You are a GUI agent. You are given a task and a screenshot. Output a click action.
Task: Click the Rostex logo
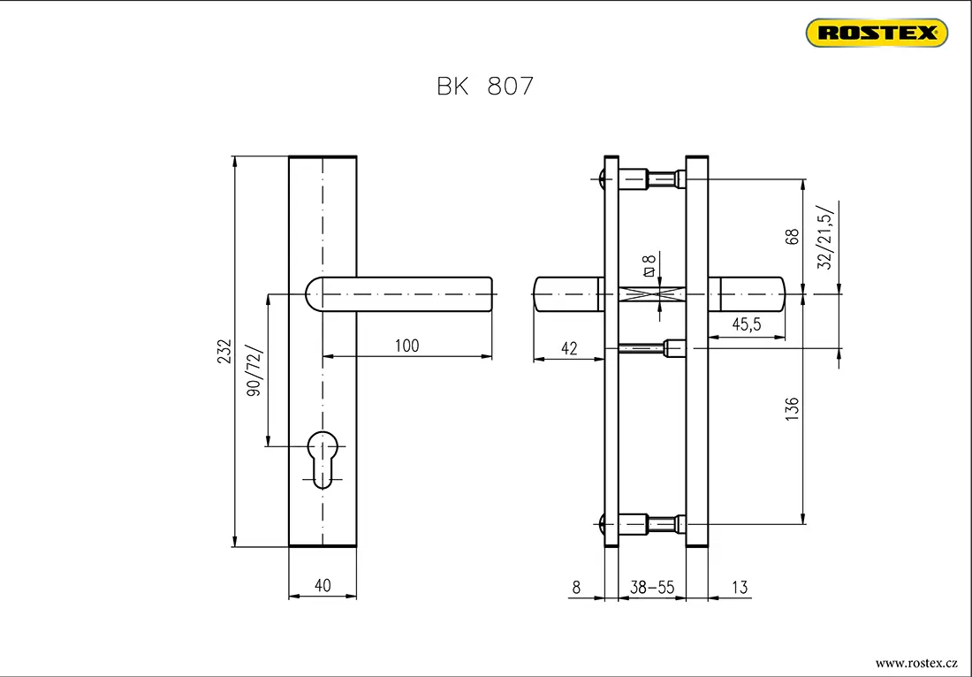click(877, 33)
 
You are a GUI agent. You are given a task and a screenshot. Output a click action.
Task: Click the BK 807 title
click(485, 87)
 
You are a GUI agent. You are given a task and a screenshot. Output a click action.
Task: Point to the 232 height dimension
click(224, 352)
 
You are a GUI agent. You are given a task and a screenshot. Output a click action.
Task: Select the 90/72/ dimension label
click(254, 370)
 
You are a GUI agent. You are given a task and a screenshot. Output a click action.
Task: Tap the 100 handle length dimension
click(406, 346)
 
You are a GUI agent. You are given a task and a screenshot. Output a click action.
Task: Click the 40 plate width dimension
click(323, 585)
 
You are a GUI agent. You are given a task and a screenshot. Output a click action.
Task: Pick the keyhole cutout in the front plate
click(323, 460)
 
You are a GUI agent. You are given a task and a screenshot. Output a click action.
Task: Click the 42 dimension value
click(568, 348)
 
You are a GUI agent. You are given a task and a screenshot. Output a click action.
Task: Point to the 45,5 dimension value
click(746, 324)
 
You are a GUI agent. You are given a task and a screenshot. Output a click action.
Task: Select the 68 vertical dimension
click(793, 238)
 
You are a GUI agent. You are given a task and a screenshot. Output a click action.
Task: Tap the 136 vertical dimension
click(793, 410)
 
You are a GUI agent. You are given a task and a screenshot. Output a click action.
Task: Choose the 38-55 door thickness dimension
click(652, 587)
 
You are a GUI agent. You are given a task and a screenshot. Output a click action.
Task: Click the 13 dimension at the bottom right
click(740, 587)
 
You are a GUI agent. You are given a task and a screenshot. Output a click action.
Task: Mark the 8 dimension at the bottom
click(576, 587)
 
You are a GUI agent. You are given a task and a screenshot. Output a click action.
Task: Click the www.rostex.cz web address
click(916, 664)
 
